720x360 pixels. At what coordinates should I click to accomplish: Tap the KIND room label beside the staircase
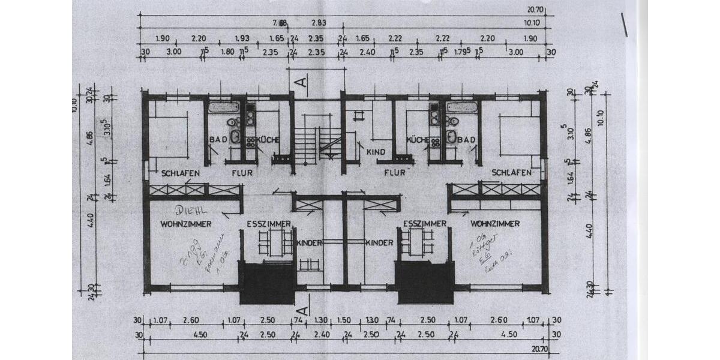(375, 152)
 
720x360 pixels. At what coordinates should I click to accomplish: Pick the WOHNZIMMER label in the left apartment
(185, 224)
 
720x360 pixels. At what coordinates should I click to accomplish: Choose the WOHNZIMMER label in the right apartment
(495, 223)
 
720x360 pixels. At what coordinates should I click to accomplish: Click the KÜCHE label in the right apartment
(418, 140)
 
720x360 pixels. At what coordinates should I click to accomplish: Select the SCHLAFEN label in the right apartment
(512, 173)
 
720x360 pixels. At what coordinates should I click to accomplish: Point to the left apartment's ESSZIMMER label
(269, 224)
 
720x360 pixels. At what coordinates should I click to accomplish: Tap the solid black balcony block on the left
(267, 283)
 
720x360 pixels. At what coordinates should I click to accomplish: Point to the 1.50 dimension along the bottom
(343, 320)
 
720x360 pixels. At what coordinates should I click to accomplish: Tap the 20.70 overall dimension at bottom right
(540, 348)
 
